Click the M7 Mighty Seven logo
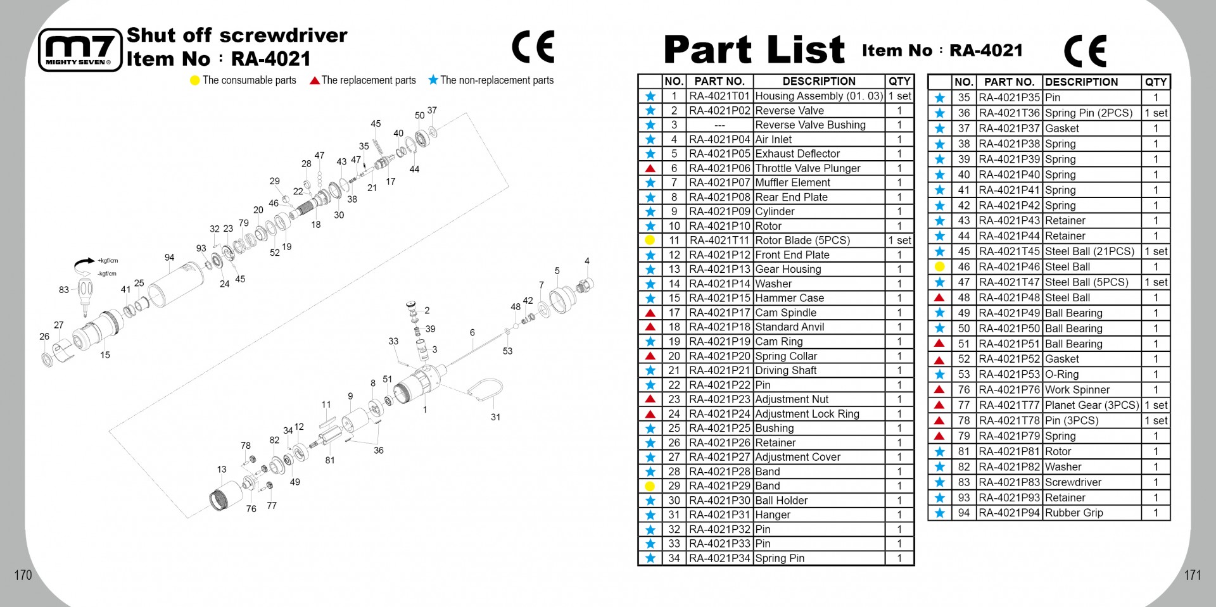pos(80,50)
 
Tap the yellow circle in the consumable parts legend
pos(195,80)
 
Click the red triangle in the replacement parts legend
pos(314,80)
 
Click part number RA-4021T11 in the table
pos(719,241)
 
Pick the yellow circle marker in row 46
pos(940,267)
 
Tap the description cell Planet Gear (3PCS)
pos(1091,405)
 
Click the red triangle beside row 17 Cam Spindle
pos(650,313)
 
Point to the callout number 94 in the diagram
pos(169,258)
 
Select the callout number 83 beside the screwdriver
pos(64,290)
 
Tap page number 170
pos(23,575)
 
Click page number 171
pos(1193,575)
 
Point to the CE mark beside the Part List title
pos(1085,51)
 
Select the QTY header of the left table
pos(899,81)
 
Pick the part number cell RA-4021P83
pos(1010,482)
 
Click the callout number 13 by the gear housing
pos(222,470)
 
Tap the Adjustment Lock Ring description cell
pos(807,414)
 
